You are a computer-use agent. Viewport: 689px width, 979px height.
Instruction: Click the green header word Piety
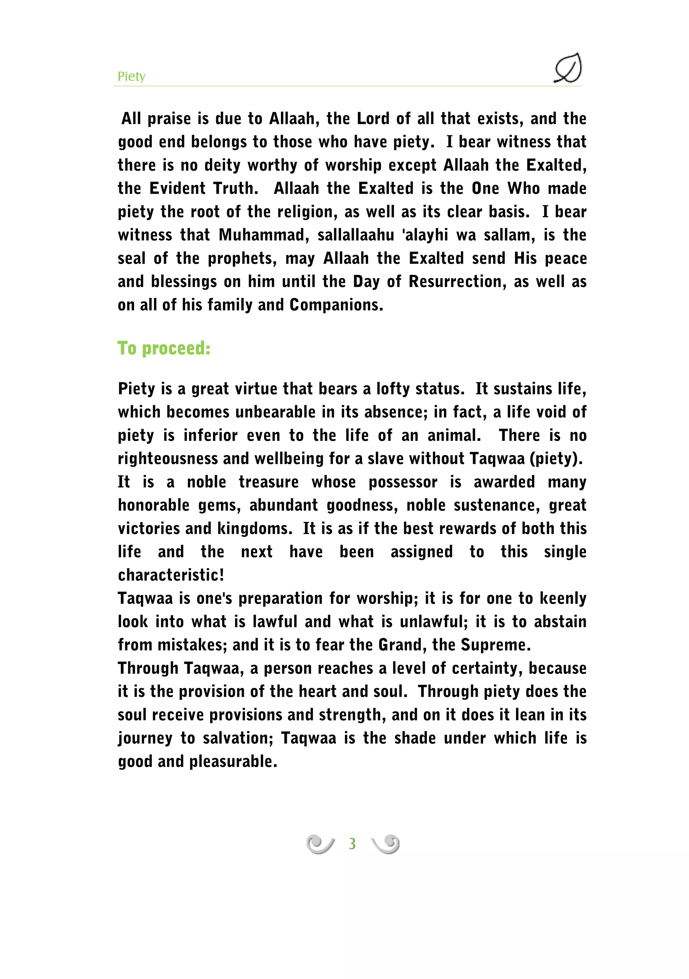pos(131,76)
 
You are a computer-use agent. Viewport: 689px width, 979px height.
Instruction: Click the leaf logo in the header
pos(568,68)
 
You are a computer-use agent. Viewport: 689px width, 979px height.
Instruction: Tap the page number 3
pos(352,844)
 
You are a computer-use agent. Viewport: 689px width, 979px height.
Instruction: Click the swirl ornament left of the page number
pos(320,844)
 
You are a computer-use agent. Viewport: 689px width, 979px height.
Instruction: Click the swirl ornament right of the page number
pos(386,844)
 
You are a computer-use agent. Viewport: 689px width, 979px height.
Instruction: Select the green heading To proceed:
pos(164,348)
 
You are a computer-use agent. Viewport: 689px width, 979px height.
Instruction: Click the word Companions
pos(336,305)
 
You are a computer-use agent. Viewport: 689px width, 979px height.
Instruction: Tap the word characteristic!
pos(171,575)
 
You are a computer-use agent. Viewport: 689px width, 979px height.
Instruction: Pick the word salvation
pos(238,738)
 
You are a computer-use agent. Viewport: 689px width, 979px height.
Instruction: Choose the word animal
pos(454,435)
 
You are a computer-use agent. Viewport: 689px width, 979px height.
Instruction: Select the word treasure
pos(268,482)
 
